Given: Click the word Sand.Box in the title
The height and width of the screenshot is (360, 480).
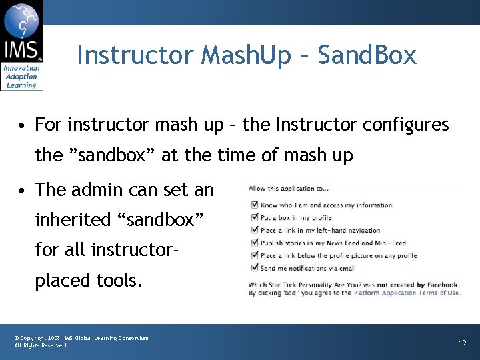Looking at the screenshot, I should pyautogui.click(x=367, y=55).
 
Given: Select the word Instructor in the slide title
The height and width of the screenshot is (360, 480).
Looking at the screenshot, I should pyautogui.click(x=135, y=55).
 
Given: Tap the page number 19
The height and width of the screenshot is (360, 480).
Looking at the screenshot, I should pyautogui.click(x=463, y=342).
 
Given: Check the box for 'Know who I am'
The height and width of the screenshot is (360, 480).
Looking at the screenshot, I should pyautogui.click(x=253, y=205).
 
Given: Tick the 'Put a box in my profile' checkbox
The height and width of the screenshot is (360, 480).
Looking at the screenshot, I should pyautogui.click(x=253, y=217).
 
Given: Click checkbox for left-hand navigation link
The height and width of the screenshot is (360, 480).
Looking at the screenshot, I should pyautogui.click(x=253, y=230).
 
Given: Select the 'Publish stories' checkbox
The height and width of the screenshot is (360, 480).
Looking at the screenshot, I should pyautogui.click(x=253, y=243).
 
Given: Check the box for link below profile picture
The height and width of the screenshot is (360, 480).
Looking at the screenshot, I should pyautogui.click(x=253, y=255).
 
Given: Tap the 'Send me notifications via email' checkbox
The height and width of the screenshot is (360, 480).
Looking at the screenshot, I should pyautogui.click(x=253, y=268).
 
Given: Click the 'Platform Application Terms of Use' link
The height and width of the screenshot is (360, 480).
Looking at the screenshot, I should pyautogui.click(x=407, y=293).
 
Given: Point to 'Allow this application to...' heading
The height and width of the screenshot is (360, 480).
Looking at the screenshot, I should pyautogui.click(x=288, y=189).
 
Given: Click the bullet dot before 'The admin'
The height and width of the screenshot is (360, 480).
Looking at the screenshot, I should pyautogui.click(x=23, y=191).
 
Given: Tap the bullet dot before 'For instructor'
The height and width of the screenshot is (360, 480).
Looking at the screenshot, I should pyautogui.click(x=23, y=125).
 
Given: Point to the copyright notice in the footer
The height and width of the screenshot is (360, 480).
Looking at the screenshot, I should pyautogui.click(x=81, y=341).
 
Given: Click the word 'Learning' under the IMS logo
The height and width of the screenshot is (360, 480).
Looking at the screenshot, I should pyautogui.click(x=21, y=85).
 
